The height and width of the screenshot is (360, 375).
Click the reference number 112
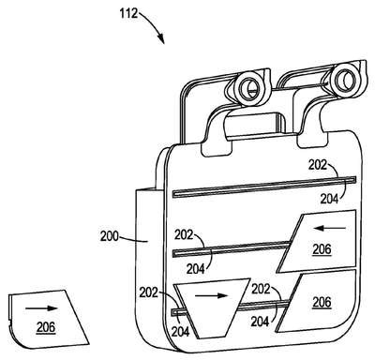coord(129,13)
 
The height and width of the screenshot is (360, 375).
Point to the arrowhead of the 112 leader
coord(161,39)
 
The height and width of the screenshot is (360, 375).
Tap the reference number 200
coord(110,236)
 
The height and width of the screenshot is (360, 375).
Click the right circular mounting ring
coord(342,79)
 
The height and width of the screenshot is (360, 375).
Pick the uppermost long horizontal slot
coord(264,187)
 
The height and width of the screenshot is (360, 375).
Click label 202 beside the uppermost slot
coord(318,165)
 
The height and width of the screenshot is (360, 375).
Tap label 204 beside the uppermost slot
coord(329,199)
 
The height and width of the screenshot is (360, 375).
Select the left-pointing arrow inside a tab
coord(329,229)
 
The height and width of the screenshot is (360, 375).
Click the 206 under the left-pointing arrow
coord(322,249)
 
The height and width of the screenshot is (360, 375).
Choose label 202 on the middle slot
coord(184,234)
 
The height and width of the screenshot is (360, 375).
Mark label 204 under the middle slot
coord(196,269)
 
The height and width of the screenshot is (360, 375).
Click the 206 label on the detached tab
coord(46,327)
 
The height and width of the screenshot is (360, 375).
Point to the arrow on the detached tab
coord(41,308)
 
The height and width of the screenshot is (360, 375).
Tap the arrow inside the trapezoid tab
coord(211,295)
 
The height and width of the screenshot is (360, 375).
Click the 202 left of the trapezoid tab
coord(149,292)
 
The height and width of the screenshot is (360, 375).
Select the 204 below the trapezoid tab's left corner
coord(180,331)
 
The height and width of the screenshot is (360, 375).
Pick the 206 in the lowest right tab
coord(322,302)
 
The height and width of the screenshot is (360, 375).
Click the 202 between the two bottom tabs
coord(261,289)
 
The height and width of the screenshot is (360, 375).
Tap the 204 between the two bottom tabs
coord(260,322)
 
